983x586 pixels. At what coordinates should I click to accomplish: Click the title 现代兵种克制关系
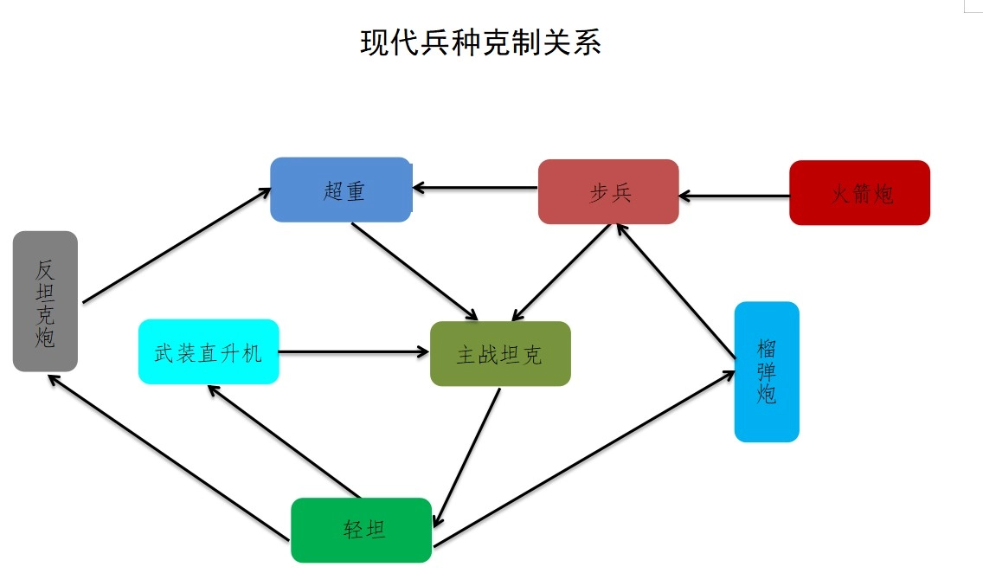[x=480, y=42]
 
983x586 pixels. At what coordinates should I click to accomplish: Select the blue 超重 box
[x=341, y=190]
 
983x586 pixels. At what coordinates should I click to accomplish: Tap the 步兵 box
[x=608, y=191]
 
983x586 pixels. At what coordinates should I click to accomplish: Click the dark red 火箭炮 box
[x=859, y=193]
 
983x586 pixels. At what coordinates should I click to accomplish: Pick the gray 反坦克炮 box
[x=45, y=301]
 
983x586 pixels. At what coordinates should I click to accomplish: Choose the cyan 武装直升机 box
[x=209, y=351]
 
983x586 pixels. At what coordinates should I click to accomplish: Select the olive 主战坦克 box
[x=500, y=354]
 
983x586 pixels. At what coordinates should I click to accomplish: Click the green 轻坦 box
[x=361, y=530]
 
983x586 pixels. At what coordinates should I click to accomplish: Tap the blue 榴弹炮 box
[x=767, y=371]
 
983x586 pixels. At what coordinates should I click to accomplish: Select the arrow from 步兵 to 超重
[x=475, y=187]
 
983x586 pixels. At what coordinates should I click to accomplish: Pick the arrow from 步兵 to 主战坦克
[x=562, y=274]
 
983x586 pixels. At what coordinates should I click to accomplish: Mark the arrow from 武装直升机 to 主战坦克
[x=354, y=351]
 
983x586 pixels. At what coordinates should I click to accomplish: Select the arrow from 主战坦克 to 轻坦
[x=466, y=457]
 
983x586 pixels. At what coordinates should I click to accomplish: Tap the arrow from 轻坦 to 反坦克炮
[x=168, y=457]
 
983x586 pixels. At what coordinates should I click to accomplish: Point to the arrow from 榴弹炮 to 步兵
[x=675, y=290]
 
